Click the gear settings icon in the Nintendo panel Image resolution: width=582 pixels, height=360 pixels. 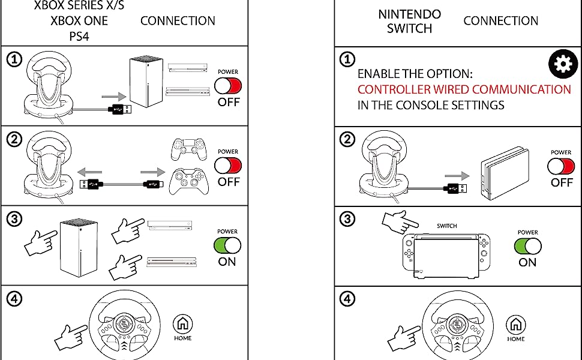pyautogui.click(x=563, y=65)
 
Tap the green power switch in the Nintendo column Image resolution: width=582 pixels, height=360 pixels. pyautogui.click(x=527, y=246)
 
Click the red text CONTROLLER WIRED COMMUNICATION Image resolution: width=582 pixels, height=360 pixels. pyautogui.click(x=464, y=89)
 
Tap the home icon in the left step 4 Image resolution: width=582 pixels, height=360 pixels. pyautogui.click(x=182, y=324)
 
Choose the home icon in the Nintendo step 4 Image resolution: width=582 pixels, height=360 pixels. pyautogui.click(x=515, y=325)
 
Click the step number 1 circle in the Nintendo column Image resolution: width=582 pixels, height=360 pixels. pyautogui.click(x=347, y=59)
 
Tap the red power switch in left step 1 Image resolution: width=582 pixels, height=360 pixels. pyautogui.click(x=228, y=86)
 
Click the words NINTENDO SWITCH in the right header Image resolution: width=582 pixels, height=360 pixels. pyautogui.click(x=409, y=21)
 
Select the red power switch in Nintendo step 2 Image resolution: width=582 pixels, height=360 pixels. pyautogui.click(x=561, y=166)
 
